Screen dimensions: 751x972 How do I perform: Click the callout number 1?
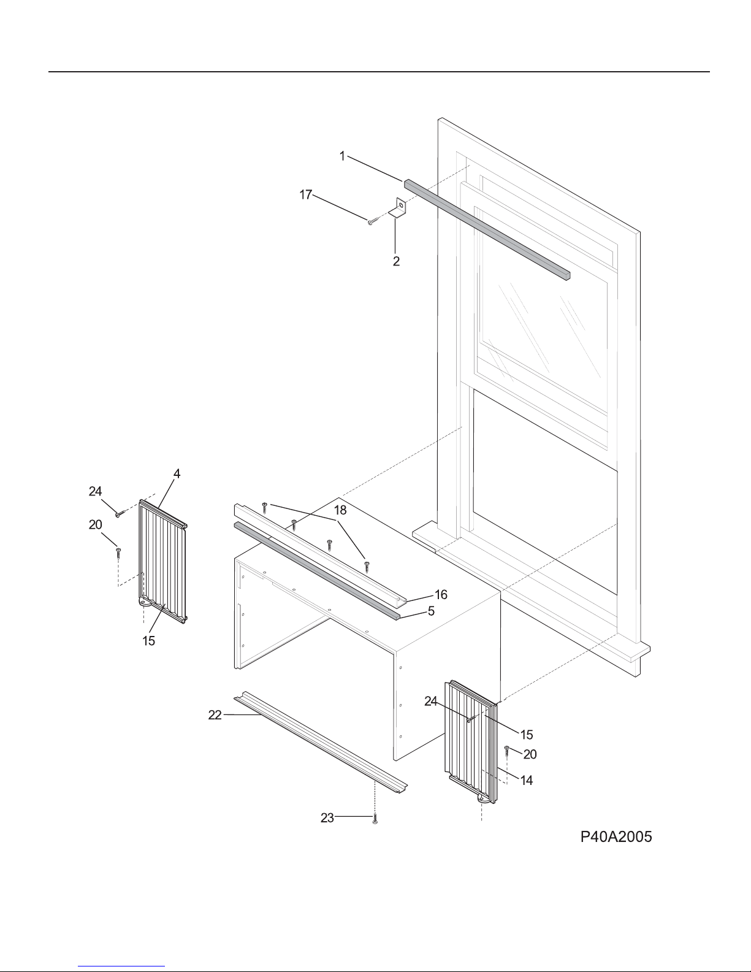343,156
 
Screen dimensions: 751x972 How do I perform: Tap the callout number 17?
306,194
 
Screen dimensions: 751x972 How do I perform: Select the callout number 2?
396,261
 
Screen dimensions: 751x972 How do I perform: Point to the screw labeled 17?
374,221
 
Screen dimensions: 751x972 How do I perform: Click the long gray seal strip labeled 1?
487,229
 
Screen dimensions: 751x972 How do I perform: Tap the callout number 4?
177,473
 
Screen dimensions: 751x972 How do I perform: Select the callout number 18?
340,510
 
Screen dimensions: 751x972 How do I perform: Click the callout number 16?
441,594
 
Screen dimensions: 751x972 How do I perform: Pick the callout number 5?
431,611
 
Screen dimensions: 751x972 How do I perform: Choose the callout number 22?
215,715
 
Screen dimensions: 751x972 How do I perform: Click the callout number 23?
327,817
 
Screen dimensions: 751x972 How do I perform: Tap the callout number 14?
527,780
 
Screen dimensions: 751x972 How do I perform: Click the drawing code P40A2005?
616,836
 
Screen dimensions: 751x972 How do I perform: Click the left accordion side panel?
162,561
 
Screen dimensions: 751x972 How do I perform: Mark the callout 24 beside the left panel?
95,491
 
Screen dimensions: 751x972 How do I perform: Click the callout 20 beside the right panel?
530,754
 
